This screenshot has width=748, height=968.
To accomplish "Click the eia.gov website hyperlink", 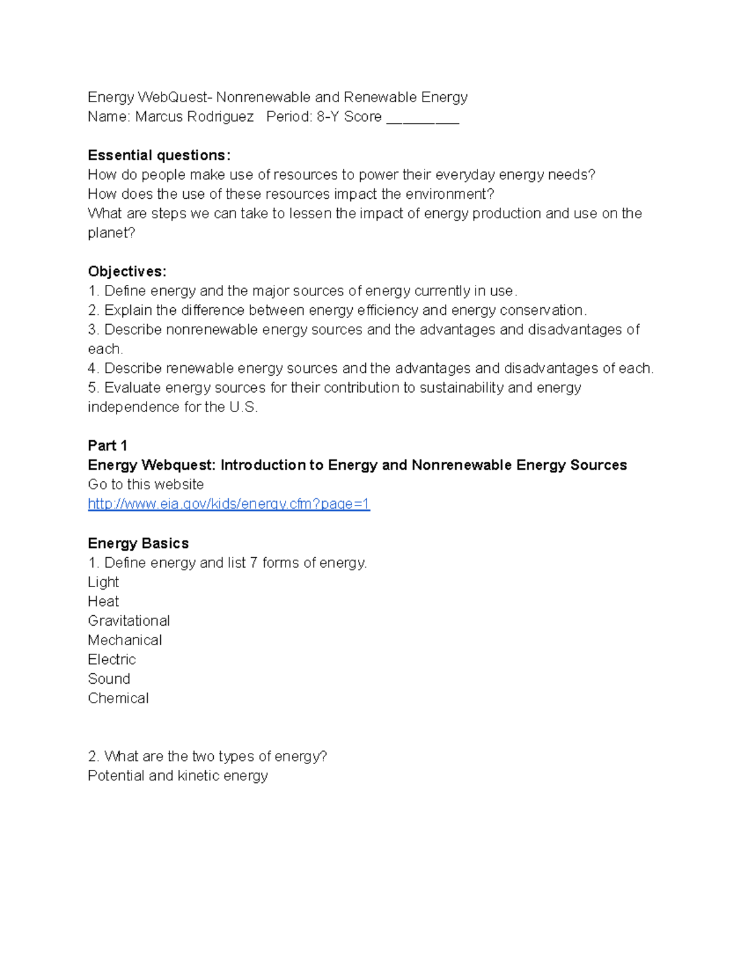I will click(229, 504).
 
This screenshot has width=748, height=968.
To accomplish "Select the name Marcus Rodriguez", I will click(194, 117).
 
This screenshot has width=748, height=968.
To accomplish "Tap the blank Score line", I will click(423, 118).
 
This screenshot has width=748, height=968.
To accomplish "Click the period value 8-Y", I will click(327, 117).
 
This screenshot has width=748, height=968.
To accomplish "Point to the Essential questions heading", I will click(159, 155).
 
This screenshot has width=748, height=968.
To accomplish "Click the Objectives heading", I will click(127, 271).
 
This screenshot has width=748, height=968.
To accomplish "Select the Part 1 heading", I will click(107, 445).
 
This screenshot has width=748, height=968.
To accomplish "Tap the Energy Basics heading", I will click(138, 543).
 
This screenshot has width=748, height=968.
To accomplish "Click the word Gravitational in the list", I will click(128, 620).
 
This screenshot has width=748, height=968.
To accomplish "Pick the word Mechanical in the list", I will click(125, 640).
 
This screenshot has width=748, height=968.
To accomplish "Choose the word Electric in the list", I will click(112, 659).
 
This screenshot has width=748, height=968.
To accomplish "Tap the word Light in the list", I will click(103, 582).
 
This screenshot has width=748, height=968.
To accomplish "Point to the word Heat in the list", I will click(103, 601).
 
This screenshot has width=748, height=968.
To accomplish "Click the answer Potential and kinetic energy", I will click(178, 775).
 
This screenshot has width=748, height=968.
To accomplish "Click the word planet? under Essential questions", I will click(111, 232).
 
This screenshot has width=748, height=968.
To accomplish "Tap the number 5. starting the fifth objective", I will click(93, 388).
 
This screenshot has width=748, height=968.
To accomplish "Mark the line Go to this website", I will click(146, 484).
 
